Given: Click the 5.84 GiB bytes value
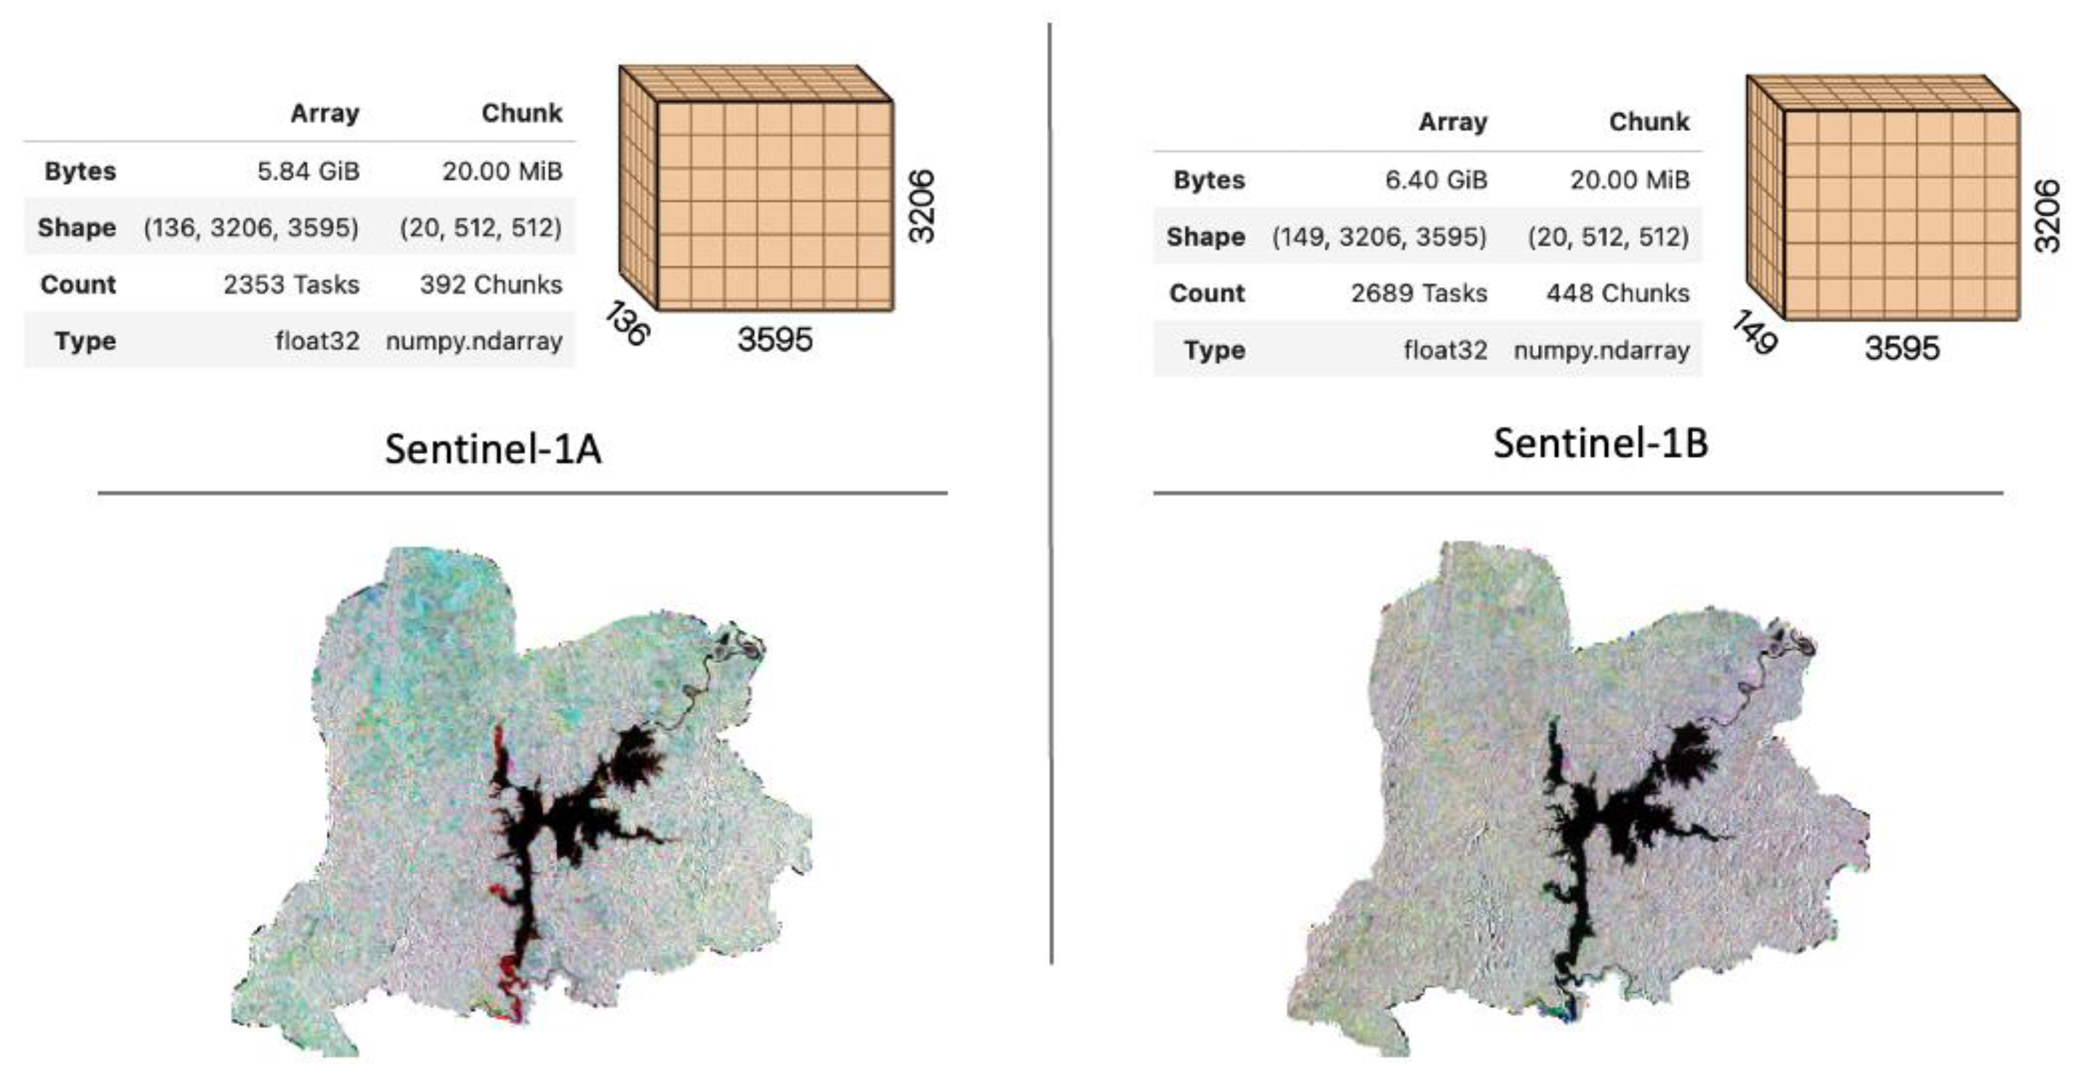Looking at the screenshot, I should click(x=307, y=171).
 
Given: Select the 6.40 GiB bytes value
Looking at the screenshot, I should click(x=1435, y=179).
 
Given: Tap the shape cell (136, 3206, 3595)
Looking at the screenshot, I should click(x=251, y=228).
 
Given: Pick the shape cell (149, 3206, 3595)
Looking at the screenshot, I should click(x=1378, y=237).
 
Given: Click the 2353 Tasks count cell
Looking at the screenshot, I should click(x=291, y=285).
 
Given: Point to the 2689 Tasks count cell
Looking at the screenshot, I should click(x=1418, y=294).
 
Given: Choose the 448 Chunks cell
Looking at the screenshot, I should click(x=1618, y=294).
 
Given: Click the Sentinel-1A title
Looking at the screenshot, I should click(x=493, y=448).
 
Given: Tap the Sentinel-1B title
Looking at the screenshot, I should click(x=1600, y=443).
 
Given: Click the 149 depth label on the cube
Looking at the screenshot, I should click(x=1754, y=332).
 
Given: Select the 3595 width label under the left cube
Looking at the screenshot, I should click(x=774, y=340).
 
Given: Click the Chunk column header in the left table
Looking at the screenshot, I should click(x=521, y=114).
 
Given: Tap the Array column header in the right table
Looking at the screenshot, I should click(x=1452, y=123).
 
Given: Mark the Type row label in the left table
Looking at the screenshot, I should click(x=85, y=341).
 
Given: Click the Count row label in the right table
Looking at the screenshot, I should click(x=1206, y=294).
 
